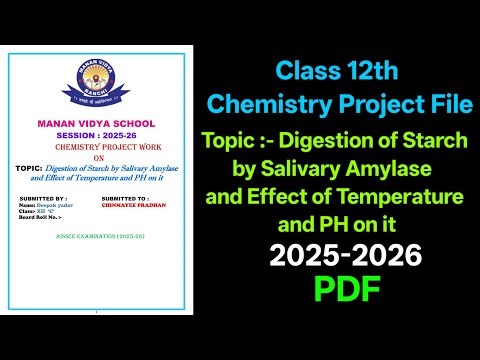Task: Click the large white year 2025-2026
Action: click(x=345, y=257)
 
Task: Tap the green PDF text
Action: click(x=345, y=289)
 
